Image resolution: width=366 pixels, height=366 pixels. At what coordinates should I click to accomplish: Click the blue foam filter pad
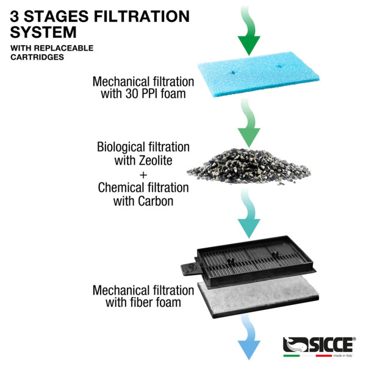259,74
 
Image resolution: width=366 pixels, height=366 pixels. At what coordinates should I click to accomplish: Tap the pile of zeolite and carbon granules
249,166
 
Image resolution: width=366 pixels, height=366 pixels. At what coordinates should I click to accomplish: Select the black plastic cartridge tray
249,261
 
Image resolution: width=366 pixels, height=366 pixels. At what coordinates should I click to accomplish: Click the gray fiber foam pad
259,297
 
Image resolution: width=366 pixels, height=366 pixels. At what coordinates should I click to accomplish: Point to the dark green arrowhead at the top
249,46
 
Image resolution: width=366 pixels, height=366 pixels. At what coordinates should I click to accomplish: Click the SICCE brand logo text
331,345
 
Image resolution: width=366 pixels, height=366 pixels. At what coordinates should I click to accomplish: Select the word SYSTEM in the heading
43,32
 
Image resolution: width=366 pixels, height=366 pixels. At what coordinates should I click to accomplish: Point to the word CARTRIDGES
37,57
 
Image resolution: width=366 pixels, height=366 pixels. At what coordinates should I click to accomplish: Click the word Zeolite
156,160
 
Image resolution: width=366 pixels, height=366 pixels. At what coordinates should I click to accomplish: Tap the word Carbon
156,201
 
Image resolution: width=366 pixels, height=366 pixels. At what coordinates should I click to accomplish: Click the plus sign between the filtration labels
143,174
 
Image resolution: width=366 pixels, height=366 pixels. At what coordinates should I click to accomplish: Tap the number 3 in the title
14,16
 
